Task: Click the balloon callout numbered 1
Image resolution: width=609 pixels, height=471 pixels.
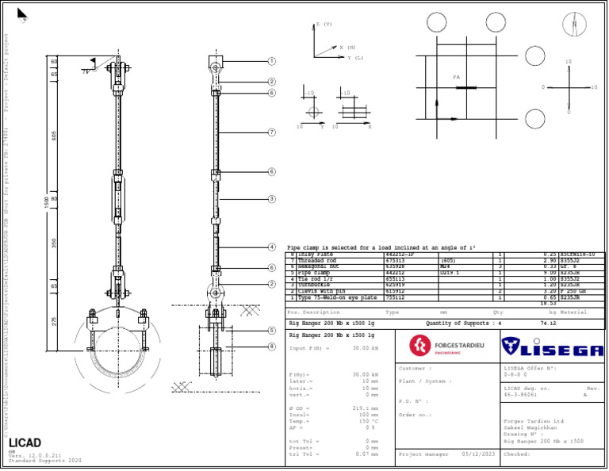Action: [x=271, y=61]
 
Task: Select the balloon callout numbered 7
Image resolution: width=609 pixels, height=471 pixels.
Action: [x=271, y=132]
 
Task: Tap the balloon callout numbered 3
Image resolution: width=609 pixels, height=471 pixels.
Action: [x=271, y=199]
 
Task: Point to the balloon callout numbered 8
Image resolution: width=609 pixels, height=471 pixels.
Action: [x=271, y=347]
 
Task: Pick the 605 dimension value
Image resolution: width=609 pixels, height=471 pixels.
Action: [x=55, y=135]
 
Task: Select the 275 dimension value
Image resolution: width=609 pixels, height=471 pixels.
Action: [x=55, y=321]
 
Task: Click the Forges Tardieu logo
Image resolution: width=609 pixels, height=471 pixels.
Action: [x=446, y=347]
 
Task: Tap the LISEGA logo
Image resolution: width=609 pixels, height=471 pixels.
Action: [x=553, y=347]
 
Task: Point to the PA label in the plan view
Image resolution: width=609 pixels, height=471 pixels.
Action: [x=456, y=78]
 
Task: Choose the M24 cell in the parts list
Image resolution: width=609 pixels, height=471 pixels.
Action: [x=445, y=266]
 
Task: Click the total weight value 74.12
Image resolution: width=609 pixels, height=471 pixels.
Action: [x=547, y=324]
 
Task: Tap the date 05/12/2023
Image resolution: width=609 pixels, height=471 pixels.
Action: [x=478, y=454]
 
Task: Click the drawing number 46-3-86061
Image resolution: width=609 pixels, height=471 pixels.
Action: [x=523, y=394]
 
